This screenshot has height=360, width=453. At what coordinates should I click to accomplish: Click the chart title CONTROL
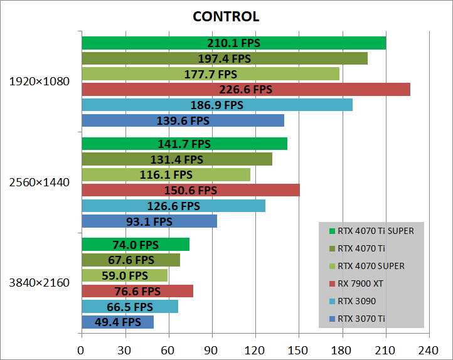[x=226, y=16]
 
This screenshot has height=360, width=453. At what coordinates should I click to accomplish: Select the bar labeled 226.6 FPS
[x=245, y=90]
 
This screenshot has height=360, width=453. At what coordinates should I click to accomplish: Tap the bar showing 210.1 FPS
[x=233, y=43]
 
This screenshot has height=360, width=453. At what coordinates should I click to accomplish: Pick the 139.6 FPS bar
[x=183, y=120]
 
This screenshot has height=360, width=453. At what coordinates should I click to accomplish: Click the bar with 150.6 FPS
[x=190, y=190]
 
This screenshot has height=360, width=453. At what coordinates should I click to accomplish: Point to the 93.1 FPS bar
[x=149, y=221]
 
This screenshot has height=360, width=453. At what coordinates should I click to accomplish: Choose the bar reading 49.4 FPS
[x=117, y=322]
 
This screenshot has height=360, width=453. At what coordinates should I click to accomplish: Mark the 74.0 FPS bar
[x=135, y=245]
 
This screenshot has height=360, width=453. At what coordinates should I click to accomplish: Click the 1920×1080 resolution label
[x=39, y=82]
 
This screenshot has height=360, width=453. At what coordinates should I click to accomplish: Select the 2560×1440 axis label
[x=39, y=183]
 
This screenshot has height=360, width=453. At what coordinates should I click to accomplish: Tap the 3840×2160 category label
[x=39, y=283]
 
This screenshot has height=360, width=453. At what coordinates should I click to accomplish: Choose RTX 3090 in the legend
[x=354, y=301]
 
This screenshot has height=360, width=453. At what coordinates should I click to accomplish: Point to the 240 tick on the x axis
[x=429, y=350]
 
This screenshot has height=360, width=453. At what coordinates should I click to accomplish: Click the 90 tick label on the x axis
[x=211, y=350]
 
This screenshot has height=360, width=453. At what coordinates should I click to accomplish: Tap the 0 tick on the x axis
[x=82, y=350]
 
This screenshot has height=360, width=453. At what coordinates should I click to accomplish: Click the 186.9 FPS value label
[x=216, y=105]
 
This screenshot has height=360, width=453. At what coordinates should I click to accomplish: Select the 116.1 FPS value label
[x=166, y=175]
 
